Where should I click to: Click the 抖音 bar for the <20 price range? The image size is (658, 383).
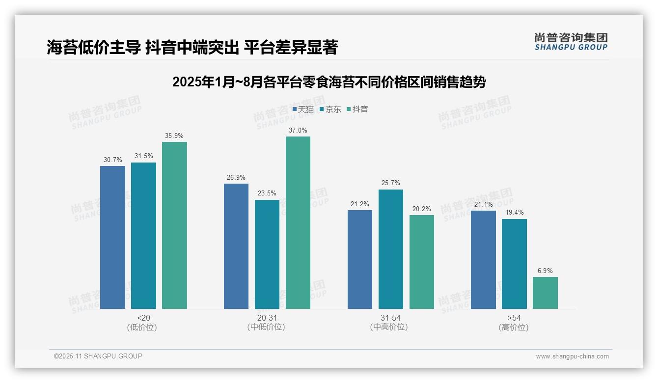tap(174, 225)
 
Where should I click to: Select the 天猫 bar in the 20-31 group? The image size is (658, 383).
tap(236, 246)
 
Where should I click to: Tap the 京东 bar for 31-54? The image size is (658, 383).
tap(391, 249)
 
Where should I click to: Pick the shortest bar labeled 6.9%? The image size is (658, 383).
tap(545, 293)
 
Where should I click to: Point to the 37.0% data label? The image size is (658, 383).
tap(298, 131)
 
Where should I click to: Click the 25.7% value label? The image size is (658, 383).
tap(391, 183)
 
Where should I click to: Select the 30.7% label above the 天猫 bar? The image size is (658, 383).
tap(112, 160)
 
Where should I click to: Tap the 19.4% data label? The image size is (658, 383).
tap(514, 213)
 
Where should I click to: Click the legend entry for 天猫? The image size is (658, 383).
tap(303, 109)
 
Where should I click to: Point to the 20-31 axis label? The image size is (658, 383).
tap(267, 318)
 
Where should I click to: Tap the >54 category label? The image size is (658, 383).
tap(514, 318)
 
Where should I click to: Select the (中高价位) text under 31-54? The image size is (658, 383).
tap(389, 327)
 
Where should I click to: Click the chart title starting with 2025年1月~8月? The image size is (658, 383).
tap(329, 82)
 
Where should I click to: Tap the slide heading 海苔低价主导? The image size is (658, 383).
tap(192, 47)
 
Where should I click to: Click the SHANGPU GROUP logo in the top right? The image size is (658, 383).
tap(571, 42)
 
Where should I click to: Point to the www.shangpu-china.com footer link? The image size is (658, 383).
tap(572, 356)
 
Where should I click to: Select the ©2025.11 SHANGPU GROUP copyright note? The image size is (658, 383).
tap(98, 356)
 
